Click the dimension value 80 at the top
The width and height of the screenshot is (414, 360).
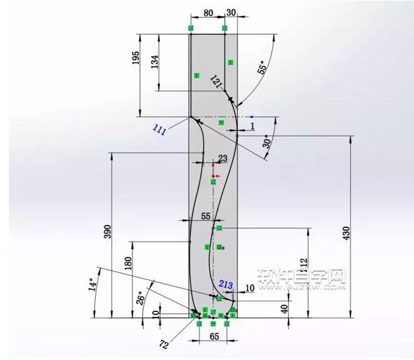207,12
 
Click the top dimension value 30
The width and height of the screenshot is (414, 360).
231,12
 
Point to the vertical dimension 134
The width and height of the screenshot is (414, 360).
156,61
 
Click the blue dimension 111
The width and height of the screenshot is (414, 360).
159,131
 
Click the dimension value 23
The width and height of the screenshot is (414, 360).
223,158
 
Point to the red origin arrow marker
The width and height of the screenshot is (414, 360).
215,176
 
